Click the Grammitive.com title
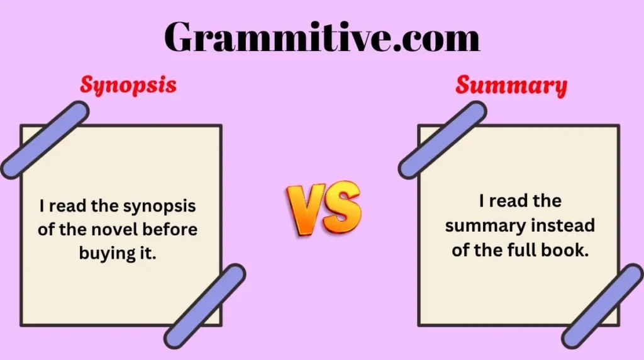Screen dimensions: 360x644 pos(322,38)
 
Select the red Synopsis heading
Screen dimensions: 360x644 pos(128,85)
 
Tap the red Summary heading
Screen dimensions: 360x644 pos(511,85)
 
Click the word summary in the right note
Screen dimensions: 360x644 pos(486,225)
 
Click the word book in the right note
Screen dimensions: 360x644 pos(565,249)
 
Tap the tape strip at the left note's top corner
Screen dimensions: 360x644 pos(44,140)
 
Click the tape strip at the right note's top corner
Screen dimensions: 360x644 pos(442,140)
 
